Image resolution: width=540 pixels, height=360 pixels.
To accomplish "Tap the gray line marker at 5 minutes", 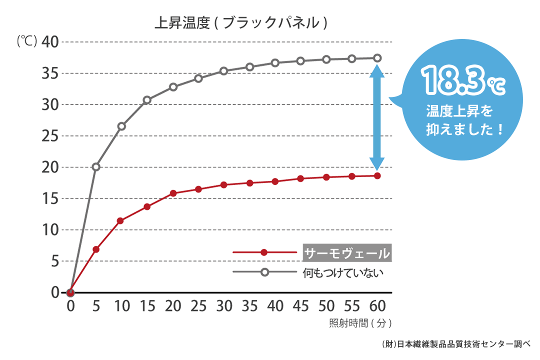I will [x=96, y=167].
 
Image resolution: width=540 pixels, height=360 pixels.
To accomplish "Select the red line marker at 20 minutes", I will [x=173, y=193].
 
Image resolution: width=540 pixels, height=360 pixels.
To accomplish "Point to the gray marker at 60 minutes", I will [x=377, y=58].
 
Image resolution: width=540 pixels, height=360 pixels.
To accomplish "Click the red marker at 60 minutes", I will [x=377, y=176].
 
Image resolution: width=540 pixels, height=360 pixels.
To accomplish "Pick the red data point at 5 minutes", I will [x=96, y=249].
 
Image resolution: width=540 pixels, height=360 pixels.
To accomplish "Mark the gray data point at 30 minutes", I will [x=224, y=71].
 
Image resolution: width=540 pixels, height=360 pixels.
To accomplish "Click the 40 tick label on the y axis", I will [x=50, y=42].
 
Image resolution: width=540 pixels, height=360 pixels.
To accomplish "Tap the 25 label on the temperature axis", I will [x=50, y=136].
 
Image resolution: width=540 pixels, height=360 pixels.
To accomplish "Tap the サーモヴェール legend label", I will [x=347, y=253].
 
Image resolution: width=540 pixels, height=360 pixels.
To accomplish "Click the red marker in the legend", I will [x=264, y=253].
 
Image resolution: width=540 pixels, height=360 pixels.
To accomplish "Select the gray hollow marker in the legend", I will [x=264, y=272].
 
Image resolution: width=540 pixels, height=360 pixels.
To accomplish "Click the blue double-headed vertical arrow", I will [x=377, y=116].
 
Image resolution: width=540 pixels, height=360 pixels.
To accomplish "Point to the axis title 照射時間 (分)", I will [x=360, y=323].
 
